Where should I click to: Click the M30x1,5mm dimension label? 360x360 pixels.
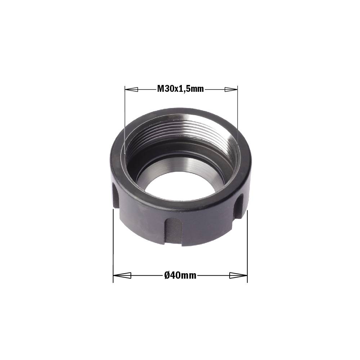pos(180,89)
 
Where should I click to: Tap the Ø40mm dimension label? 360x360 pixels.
pos(180,275)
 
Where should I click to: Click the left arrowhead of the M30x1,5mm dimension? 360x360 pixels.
pos(131,89)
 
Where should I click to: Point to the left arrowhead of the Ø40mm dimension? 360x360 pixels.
pos(122,275)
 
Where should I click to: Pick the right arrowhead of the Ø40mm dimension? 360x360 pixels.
pos(238,275)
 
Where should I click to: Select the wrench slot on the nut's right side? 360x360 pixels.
pos(239,206)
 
